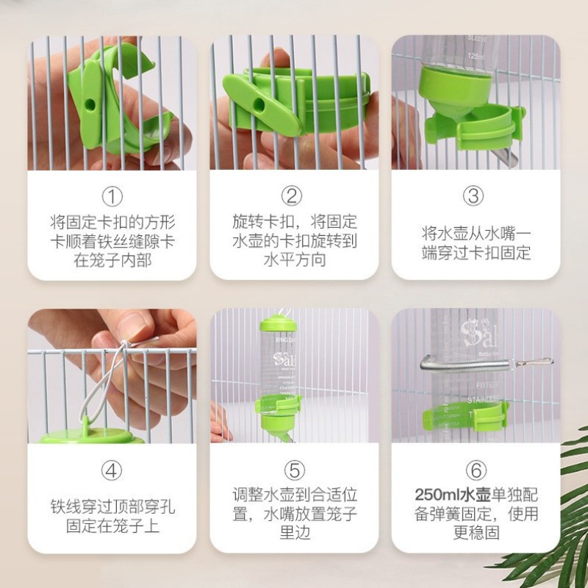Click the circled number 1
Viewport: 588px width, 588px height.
112,196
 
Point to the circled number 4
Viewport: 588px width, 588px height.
112,469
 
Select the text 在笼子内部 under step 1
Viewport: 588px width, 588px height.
112,259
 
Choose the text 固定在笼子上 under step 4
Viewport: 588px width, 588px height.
112,526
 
